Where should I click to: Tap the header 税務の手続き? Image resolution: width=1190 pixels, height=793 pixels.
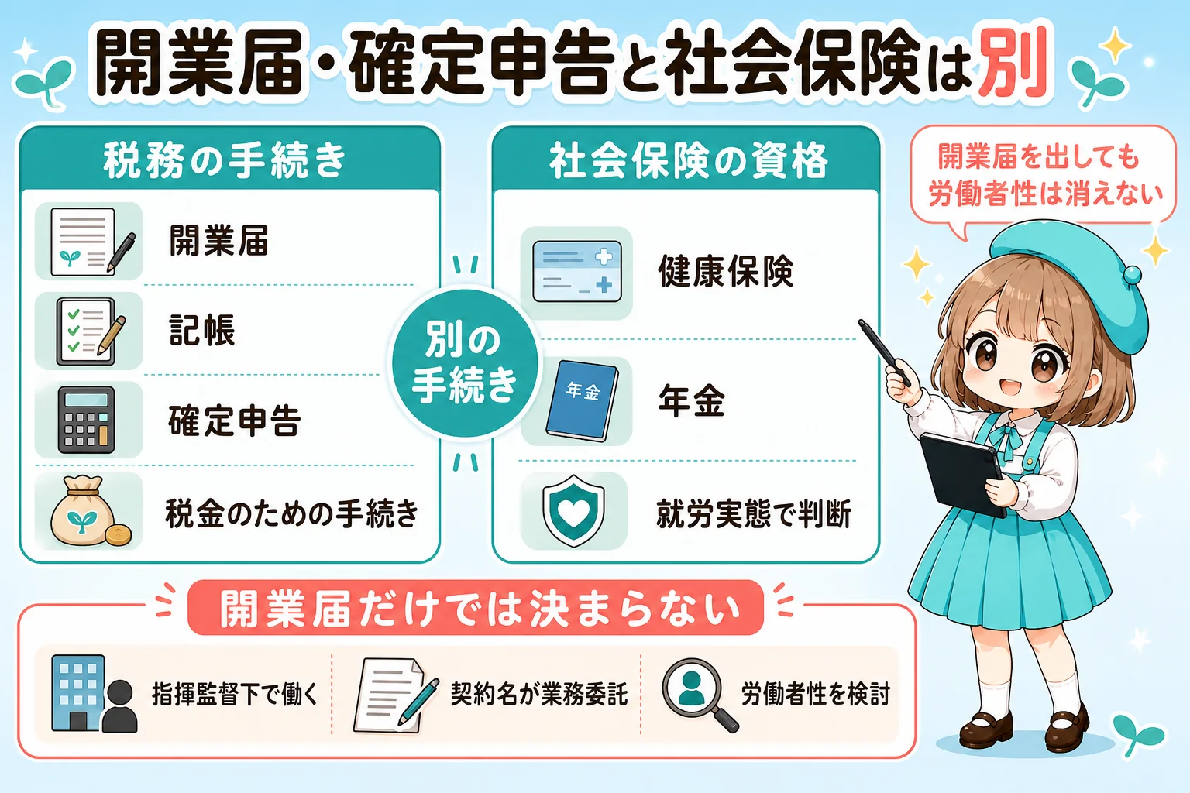point(225,160)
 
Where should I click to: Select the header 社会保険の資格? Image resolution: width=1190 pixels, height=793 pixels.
point(689,160)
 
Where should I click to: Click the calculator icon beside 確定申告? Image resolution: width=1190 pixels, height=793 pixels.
point(86,421)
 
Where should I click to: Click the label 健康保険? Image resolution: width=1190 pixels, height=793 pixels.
point(726,271)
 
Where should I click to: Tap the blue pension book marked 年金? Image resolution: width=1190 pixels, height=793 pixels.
point(583,400)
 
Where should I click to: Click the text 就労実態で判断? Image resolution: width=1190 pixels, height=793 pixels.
point(753,513)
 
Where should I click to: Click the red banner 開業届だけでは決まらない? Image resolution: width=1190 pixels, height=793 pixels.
point(476,608)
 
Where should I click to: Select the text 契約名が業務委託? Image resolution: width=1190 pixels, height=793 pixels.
point(539,694)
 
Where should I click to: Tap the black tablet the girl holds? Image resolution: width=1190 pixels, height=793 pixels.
point(963,474)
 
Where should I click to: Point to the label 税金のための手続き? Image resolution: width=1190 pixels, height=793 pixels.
point(291,513)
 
